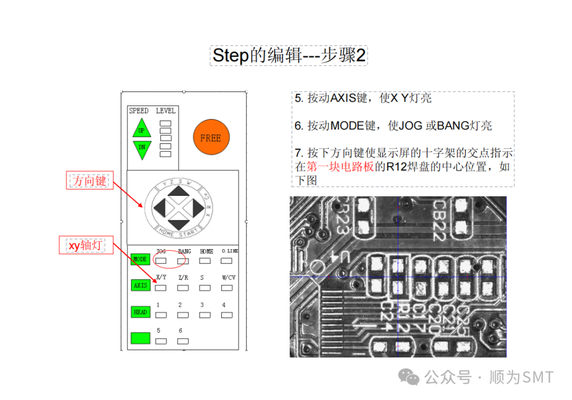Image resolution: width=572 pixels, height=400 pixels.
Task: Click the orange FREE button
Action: click(x=211, y=138)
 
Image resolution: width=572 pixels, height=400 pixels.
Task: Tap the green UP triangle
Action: click(x=141, y=129)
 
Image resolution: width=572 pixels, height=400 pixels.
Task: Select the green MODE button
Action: click(x=140, y=259)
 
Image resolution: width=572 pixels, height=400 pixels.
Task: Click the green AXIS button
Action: click(x=140, y=285)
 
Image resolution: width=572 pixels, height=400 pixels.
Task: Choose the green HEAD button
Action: click(x=140, y=312)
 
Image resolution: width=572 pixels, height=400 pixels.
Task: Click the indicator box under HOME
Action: click(x=205, y=260)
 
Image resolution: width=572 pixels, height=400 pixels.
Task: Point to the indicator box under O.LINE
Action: click(x=227, y=260)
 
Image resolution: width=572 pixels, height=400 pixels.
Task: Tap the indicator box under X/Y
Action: click(x=161, y=288)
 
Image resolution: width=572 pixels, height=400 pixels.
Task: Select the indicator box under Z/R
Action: click(x=183, y=288)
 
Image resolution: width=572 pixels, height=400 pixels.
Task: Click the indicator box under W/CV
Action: click(x=227, y=288)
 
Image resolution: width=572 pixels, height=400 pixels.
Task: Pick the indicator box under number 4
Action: click(x=227, y=315)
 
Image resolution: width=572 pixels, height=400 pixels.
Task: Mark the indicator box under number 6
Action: click(x=183, y=341)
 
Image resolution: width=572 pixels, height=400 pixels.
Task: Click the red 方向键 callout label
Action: click(x=90, y=181)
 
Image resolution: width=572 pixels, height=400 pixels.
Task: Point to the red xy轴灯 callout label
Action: click(x=86, y=246)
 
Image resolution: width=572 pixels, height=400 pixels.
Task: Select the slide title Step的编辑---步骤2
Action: click(x=289, y=55)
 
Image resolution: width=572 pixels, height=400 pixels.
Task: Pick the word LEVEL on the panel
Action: click(x=165, y=111)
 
